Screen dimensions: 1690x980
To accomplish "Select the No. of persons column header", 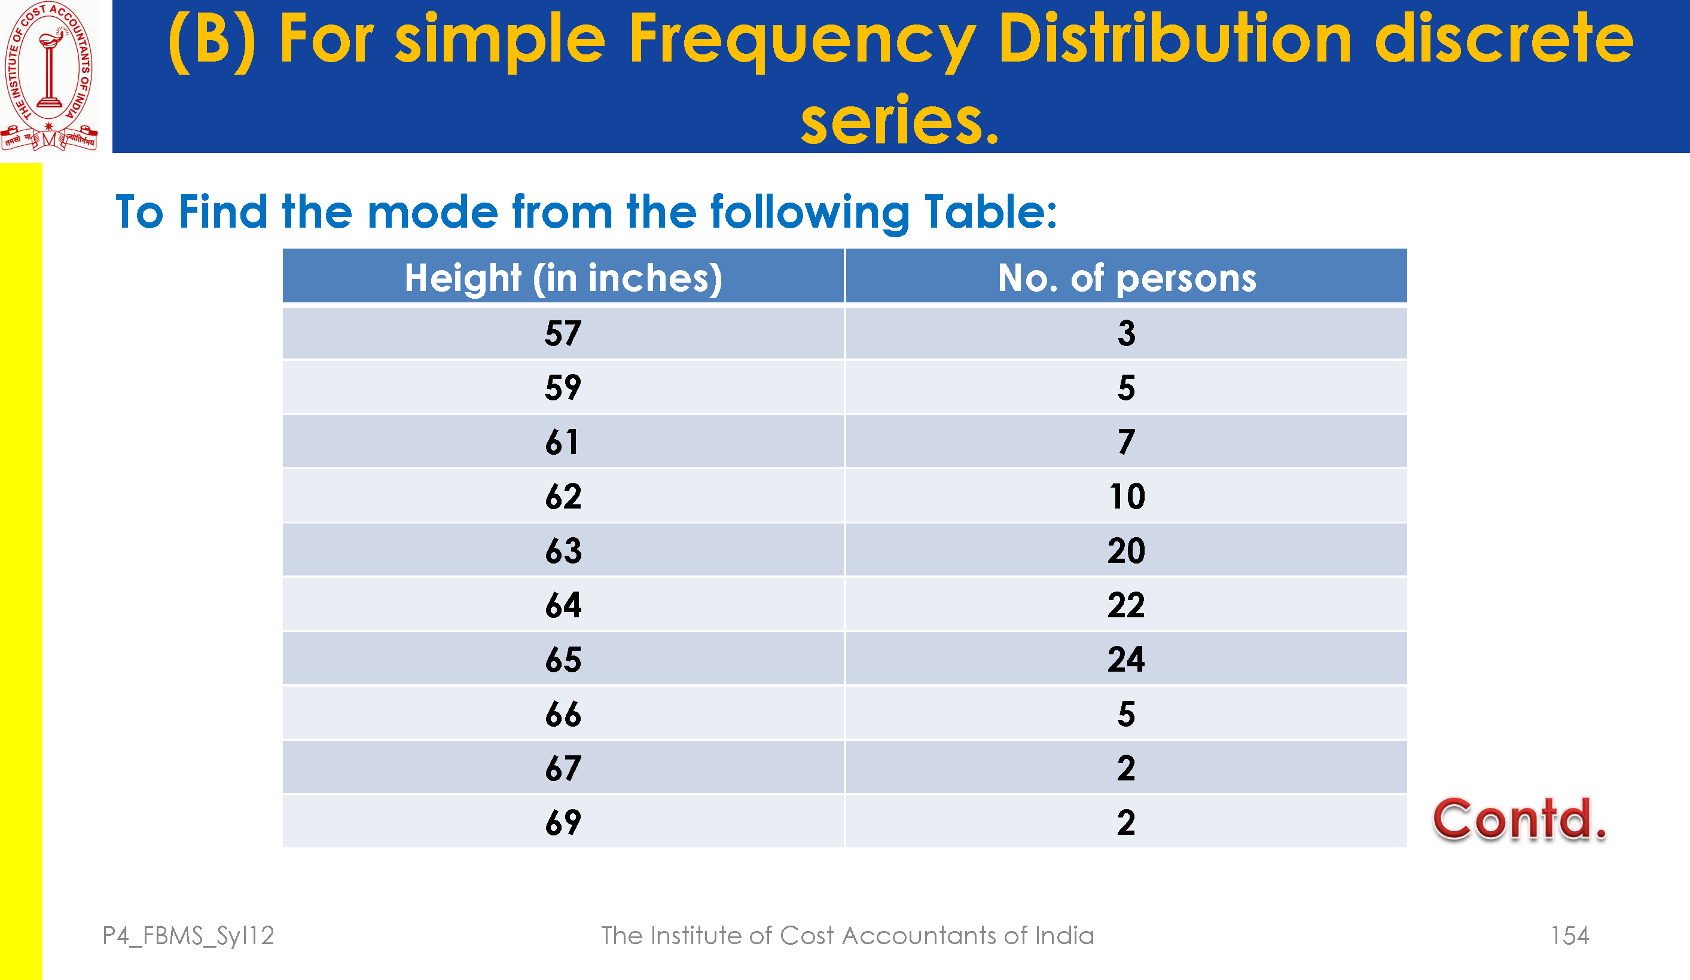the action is (1127, 277).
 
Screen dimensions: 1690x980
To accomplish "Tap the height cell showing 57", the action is (563, 333).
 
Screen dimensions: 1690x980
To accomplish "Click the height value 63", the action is (563, 551).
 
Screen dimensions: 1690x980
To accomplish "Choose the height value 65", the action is (563, 660).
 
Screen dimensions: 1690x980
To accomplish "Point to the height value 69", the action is (563, 822).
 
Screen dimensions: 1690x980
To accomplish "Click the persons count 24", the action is (1126, 660).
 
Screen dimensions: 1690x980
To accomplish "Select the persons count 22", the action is (1126, 605).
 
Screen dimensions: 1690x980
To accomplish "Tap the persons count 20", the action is (1126, 551).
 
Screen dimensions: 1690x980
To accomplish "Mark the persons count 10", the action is (1127, 497).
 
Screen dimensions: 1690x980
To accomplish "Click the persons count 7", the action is (1127, 442).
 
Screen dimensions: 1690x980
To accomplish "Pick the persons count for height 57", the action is (1127, 333).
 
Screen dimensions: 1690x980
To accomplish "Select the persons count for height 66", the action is (1127, 714).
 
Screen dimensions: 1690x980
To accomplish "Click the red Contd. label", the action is (1520, 819).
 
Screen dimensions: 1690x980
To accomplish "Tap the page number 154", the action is (1569, 935).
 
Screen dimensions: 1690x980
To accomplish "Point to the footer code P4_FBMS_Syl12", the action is (188, 936).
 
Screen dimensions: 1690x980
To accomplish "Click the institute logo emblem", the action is (49, 76).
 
